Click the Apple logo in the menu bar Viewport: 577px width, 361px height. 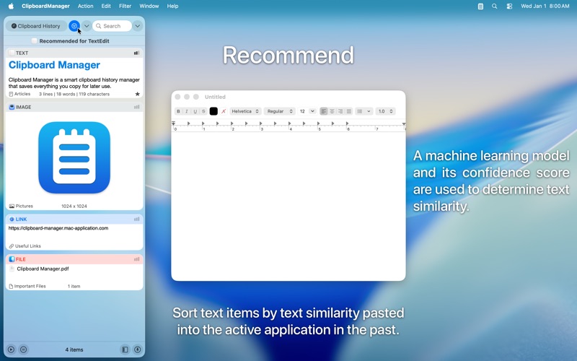pos(11,6)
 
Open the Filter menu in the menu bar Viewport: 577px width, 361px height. pos(125,6)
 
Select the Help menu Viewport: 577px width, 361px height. pos(172,6)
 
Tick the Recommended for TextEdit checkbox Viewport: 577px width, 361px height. pos(35,41)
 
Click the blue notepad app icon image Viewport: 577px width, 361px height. pos(74,157)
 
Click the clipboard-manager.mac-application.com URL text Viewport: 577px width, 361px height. pos(58,228)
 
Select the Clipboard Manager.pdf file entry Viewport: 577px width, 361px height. pos(43,269)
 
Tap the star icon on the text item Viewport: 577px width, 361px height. pos(138,94)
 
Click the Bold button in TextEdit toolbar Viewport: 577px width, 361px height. pos(178,111)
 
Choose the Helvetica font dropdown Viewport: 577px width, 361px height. pos(245,111)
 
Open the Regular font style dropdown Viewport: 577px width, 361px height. pos(279,111)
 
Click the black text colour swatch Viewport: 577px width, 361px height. pos(213,111)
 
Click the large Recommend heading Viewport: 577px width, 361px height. pos(288,56)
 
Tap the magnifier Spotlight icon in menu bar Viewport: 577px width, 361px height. pos(494,6)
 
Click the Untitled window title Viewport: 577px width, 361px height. pos(215,97)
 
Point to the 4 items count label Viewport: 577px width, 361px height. pos(74,349)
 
